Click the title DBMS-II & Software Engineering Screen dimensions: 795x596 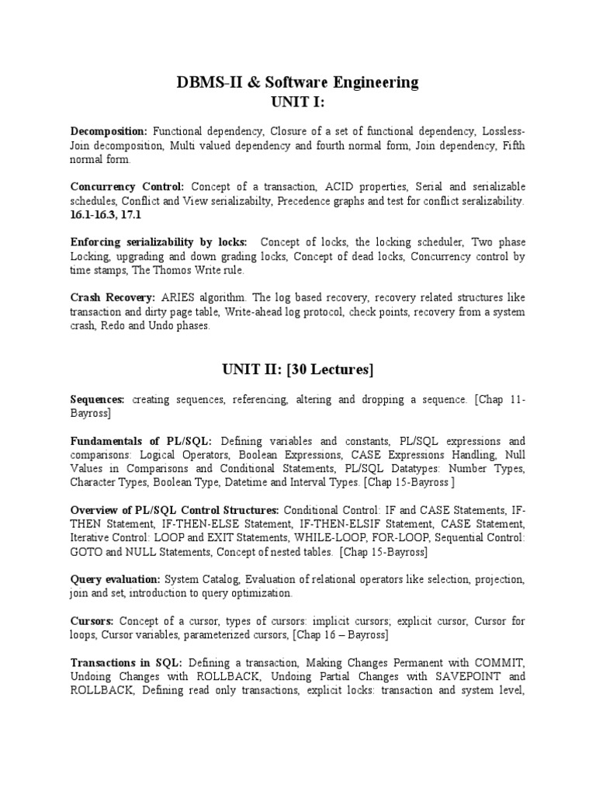297,82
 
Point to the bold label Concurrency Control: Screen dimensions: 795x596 127,187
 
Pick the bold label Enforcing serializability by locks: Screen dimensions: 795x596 158,242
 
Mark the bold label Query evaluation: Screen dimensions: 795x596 115,580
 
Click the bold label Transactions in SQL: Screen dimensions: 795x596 126,662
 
